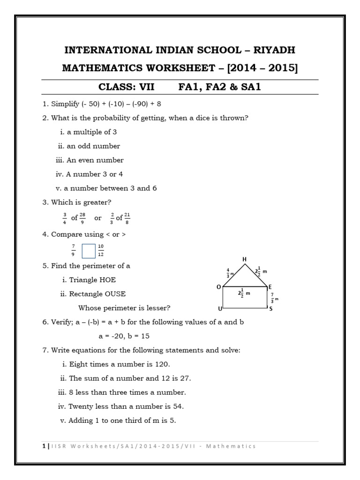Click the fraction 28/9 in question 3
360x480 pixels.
tap(82, 218)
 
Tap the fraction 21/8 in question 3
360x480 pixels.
tap(127, 218)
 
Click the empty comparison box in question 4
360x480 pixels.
tap(88, 250)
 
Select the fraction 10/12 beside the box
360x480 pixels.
tap(101, 250)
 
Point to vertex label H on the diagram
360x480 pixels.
tap(244, 259)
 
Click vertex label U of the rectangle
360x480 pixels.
tap(219, 309)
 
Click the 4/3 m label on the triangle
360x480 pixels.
tap(229, 273)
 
